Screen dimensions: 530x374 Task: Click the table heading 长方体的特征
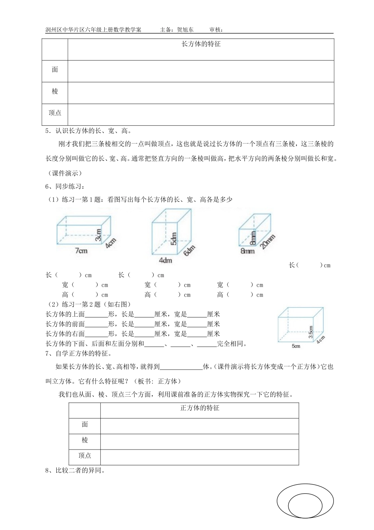point(201,44)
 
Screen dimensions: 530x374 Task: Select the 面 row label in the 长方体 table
point(55,70)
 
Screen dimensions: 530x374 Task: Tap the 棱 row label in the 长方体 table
point(55,91)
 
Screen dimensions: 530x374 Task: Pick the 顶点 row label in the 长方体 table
point(55,113)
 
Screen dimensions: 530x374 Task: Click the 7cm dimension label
point(81,250)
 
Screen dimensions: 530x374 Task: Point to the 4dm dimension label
point(165,260)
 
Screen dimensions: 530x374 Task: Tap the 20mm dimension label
point(268,242)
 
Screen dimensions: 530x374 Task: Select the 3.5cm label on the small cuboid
point(311,332)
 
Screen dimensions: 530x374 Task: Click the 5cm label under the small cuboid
point(296,346)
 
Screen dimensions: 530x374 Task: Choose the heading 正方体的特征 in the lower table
point(200,408)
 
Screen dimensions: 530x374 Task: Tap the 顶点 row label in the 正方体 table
point(85,456)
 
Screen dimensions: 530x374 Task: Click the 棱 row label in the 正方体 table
point(85,440)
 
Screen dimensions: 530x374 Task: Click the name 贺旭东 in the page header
point(185,30)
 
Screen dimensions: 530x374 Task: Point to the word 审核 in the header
point(215,30)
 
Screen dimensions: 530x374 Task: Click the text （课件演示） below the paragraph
point(65,173)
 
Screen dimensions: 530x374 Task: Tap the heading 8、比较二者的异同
point(75,470)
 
